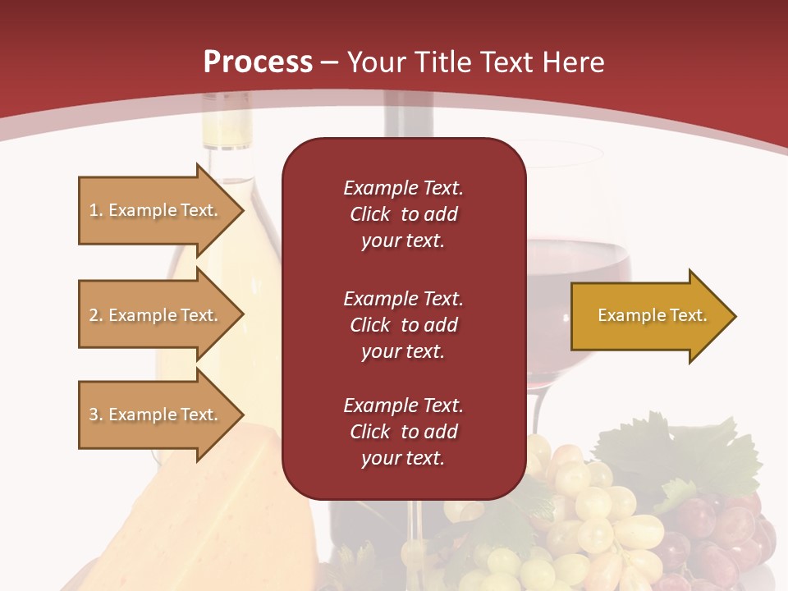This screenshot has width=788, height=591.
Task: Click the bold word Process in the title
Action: pos(258,62)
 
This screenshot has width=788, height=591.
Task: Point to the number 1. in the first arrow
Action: pos(96,210)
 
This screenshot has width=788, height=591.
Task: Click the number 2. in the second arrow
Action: pos(96,315)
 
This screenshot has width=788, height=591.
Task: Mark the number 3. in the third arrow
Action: pos(96,415)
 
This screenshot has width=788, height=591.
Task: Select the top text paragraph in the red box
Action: pos(403,214)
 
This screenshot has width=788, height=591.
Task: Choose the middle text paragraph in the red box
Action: pos(403,325)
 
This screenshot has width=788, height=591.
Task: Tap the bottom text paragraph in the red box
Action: pos(403,432)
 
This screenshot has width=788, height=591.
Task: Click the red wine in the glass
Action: pos(579,271)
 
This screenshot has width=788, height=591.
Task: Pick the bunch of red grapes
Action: pos(722,534)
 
